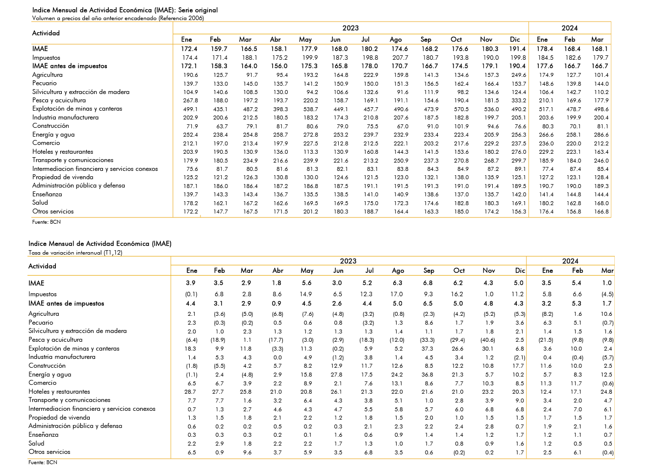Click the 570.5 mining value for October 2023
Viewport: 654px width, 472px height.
[461, 109]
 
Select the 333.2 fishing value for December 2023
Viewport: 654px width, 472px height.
[519, 100]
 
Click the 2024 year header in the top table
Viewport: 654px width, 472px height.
[570, 28]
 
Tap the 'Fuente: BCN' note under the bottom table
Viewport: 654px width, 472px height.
[43, 462]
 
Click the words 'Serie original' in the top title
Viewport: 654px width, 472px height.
[198, 10]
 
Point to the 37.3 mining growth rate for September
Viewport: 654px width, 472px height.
[428, 349]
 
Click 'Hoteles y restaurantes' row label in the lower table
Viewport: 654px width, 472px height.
[59, 392]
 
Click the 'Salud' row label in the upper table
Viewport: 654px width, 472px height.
[40, 203]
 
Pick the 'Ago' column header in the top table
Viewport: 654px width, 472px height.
[396, 40]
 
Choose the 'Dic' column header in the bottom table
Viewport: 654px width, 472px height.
[520, 271]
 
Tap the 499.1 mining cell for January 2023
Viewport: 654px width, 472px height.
[190, 109]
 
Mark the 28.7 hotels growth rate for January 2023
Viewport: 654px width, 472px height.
[190, 392]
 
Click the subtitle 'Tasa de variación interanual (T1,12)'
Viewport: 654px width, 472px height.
[75, 253]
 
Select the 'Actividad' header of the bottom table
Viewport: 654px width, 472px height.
[42, 266]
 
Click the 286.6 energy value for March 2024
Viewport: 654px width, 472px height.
[602, 135]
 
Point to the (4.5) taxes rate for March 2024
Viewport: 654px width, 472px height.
[607, 294]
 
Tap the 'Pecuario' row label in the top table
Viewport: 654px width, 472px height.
[45, 83]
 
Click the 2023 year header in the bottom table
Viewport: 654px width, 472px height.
[348, 261]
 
